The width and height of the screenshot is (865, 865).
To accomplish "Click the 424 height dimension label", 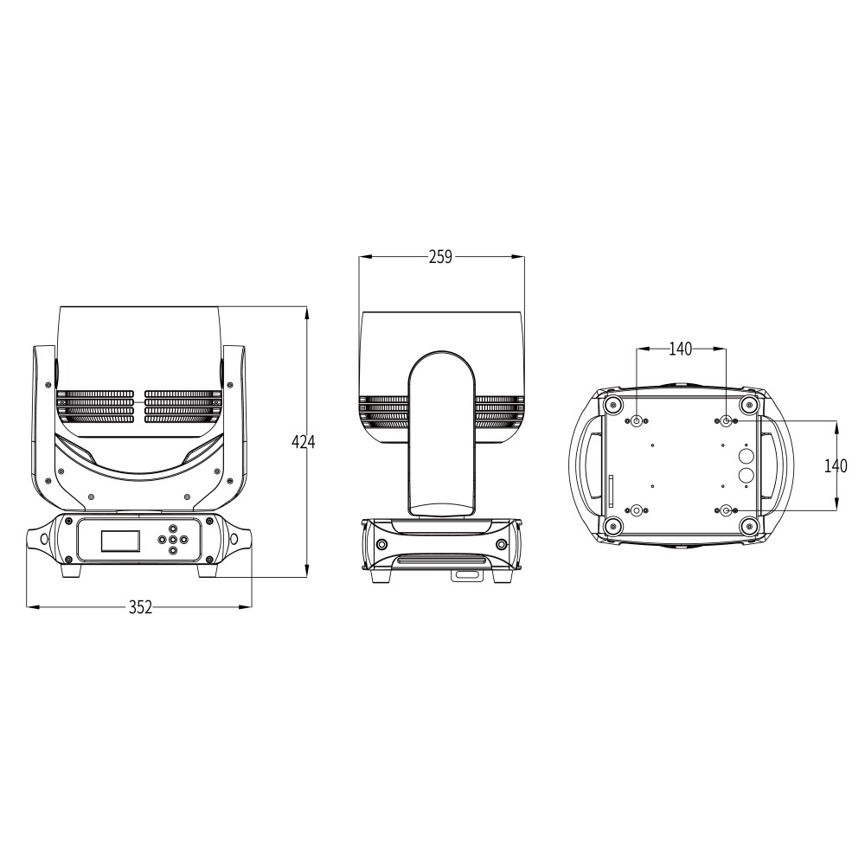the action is coord(304,442).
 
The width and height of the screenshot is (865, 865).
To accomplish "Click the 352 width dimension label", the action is coord(141,607).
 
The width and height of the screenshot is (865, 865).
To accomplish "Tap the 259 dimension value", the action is coord(440,257).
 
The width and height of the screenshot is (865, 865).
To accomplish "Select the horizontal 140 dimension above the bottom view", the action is coord(680,349).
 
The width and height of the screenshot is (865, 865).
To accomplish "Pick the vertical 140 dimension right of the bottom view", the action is coord(836,466).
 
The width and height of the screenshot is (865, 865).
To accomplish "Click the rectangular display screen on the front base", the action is coord(121,541).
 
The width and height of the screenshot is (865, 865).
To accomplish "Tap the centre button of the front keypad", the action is coord(173,540).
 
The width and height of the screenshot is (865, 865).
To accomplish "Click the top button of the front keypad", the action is coord(173,529).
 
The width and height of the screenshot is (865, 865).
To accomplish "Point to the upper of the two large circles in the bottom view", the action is coord(746,457).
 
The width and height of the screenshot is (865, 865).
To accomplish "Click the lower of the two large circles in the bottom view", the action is coord(746,475).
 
